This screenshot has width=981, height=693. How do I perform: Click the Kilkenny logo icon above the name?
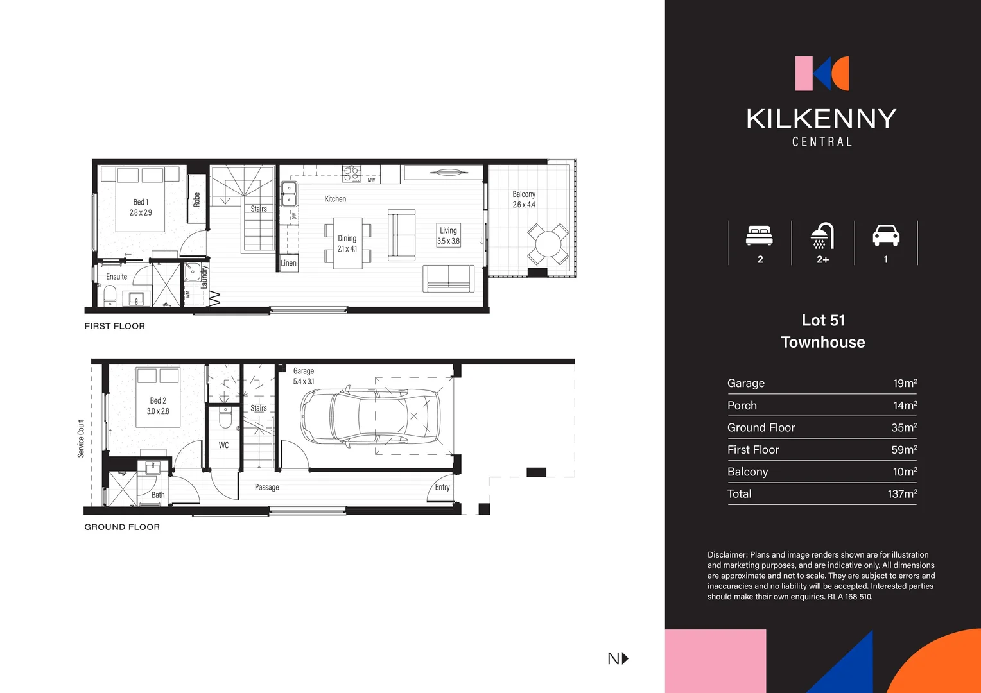[x=822, y=73]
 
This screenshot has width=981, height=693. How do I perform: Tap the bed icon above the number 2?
[x=760, y=235]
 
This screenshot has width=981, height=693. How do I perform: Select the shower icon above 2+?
[x=822, y=235]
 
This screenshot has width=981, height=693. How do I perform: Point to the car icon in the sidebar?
[x=885, y=235]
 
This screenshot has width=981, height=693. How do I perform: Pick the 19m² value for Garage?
[x=905, y=383]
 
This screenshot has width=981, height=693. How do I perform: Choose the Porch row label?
[x=742, y=406]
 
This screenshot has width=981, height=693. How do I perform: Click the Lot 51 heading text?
[x=823, y=320]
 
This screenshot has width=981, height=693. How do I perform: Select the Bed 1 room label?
[x=141, y=202]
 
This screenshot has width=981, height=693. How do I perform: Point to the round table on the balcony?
[x=548, y=244]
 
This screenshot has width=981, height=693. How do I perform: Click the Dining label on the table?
[x=347, y=238]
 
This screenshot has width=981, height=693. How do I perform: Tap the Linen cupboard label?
[x=288, y=263]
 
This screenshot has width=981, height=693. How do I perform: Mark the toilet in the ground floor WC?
[x=225, y=418]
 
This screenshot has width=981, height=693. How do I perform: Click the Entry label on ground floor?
[x=442, y=487]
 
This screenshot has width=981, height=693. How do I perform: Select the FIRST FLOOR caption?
[x=115, y=326]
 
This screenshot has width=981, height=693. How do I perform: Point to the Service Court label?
[x=81, y=438]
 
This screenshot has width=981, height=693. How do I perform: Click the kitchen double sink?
[x=289, y=194]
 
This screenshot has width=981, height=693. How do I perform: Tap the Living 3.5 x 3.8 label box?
[x=448, y=235]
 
